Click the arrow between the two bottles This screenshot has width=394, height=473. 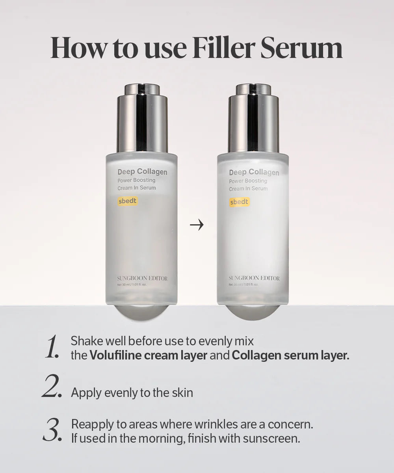pyautogui.click(x=197, y=225)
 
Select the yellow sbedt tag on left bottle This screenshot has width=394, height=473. pyautogui.click(x=128, y=201)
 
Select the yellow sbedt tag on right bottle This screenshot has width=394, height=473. pyautogui.click(x=239, y=202)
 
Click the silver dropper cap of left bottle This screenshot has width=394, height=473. pyautogui.click(x=142, y=118)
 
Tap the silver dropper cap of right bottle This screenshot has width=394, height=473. pyautogui.click(x=253, y=118)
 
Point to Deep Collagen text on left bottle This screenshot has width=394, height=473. pyautogui.click(x=142, y=172)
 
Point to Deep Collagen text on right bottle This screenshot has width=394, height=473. pyautogui.click(x=254, y=172)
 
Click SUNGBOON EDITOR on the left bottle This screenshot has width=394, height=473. pyautogui.click(x=142, y=278)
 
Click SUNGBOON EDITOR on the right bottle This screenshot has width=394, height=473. pyautogui.click(x=254, y=278)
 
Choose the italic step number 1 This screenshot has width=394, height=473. pyautogui.click(x=52, y=347)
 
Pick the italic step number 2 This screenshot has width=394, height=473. pyautogui.click(x=51, y=387)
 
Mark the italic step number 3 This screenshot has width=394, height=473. pyautogui.click(x=52, y=430)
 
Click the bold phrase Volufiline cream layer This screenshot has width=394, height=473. pyautogui.click(x=149, y=355)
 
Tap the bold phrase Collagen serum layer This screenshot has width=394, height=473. pyautogui.click(x=290, y=355)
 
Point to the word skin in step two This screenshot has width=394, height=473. pyautogui.click(x=182, y=393)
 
